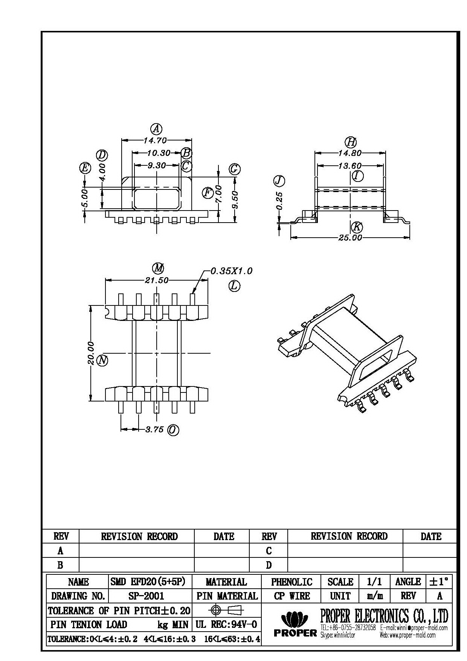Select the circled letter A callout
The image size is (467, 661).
[x=156, y=129]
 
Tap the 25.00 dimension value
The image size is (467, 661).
[x=350, y=238]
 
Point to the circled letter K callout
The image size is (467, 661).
[x=357, y=227]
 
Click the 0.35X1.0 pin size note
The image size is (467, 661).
[x=231, y=271]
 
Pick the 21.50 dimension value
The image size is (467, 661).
[x=156, y=280]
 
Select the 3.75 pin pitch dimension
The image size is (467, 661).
[x=154, y=429]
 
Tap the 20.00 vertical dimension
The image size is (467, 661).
[x=91, y=353]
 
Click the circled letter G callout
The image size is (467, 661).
[x=234, y=169]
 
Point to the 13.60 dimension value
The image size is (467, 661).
[x=350, y=165]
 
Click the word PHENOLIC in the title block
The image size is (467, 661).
[x=291, y=582]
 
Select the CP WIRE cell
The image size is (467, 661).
[x=291, y=596]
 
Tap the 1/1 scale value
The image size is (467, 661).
[x=374, y=582]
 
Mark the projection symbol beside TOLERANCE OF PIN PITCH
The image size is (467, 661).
[x=226, y=610]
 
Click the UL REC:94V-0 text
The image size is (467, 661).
[x=226, y=625]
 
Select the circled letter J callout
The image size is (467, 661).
[x=279, y=181]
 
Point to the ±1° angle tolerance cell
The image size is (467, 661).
[x=439, y=582]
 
